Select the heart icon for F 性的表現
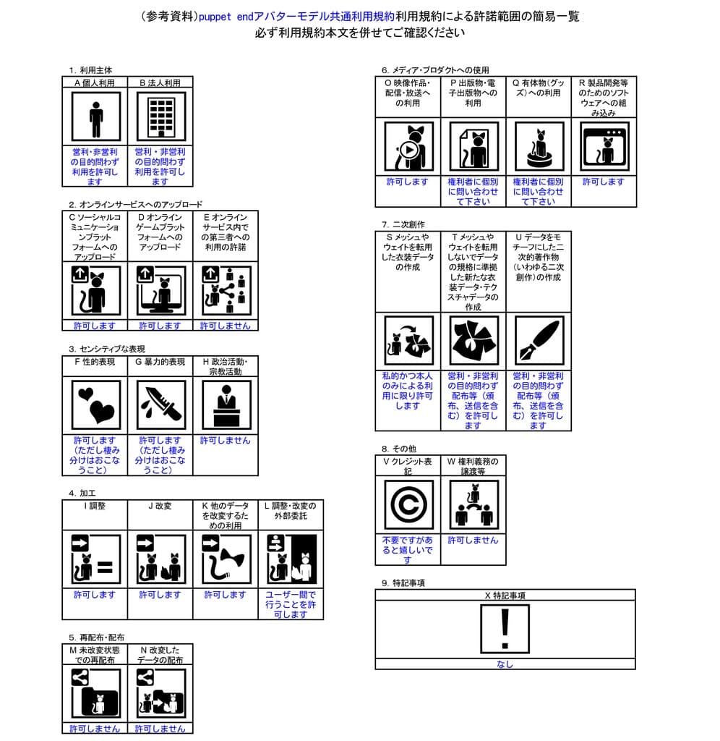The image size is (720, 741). click(95, 405)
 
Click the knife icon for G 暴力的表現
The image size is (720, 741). click(160, 405)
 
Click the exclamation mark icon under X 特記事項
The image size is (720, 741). click(505, 629)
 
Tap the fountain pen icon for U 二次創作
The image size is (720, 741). click(538, 341)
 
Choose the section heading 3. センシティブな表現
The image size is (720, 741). click(102, 349)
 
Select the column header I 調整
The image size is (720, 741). click(95, 506)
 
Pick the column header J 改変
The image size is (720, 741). click(160, 506)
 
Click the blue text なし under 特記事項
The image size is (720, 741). click(505, 664)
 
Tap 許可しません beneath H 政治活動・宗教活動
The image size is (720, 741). click(226, 440)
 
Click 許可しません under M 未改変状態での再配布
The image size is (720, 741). click(95, 728)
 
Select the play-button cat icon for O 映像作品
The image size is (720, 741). click(408, 147)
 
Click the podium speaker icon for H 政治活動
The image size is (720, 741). click(226, 405)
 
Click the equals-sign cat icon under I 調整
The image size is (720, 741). click(95, 559)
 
